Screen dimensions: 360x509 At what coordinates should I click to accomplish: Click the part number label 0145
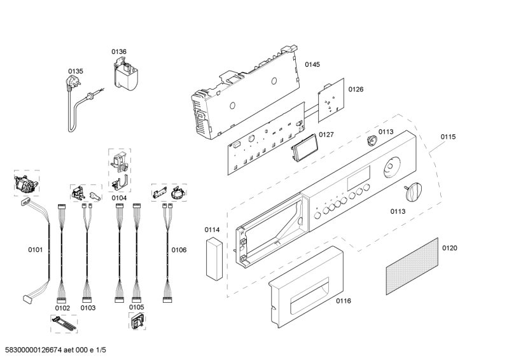tap(312, 64)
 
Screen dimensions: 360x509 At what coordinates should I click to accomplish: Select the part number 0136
tap(119, 52)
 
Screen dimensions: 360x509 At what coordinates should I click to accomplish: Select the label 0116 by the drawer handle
tap(344, 300)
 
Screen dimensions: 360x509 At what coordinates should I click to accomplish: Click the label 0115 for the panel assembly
tap(448, 137)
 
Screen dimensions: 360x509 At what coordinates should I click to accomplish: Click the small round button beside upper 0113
tap(370, 141)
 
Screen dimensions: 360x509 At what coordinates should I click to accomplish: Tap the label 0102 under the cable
tap(62, 307)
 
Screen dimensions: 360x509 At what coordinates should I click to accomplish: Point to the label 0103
tap(88, 307)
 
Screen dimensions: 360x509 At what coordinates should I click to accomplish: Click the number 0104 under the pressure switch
tap(119, 198)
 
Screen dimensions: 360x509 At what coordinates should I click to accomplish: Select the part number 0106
tap(179, 250)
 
